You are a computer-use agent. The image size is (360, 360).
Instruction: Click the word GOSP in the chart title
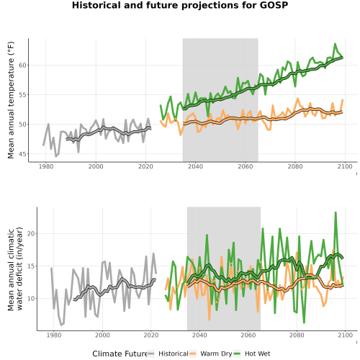(x=274, y=5)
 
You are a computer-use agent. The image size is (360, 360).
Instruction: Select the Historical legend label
(x=174, y=354)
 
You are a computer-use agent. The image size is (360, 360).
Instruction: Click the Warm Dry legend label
(x=216, y=354)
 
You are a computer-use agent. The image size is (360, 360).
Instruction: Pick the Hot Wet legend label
(x=257, y=354)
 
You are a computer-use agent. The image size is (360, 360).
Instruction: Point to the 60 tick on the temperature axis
(x=22, y=66)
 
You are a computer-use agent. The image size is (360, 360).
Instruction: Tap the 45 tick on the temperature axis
(x=22, y=154)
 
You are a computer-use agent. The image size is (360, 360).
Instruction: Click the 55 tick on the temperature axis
(x=22, y=95)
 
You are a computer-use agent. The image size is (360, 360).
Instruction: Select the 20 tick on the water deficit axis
(x=31, y=233)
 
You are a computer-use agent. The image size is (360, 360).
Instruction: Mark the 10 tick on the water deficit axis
(x=31, y=299)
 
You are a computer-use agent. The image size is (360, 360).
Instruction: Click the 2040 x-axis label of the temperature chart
(x=195, y=166)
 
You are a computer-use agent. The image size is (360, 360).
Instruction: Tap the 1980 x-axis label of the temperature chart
(x=46, y=166)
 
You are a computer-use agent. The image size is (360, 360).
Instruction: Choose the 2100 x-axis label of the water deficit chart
(x=345, y=335)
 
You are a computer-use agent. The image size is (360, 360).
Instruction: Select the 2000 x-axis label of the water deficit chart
(x=102, y=335)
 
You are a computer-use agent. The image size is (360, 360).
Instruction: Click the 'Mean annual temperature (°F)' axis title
(x=11, y=100)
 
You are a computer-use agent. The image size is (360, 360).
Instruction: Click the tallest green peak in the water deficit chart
(x=336, y=212)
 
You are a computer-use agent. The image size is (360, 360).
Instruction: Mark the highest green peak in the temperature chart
(x=335, y=44)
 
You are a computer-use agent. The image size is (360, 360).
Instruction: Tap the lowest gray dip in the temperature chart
(x=56, y=157)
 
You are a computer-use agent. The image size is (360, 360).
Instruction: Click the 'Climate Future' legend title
(x=120, y=354)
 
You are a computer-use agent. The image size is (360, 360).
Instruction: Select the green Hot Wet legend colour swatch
(x=237, y=354)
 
